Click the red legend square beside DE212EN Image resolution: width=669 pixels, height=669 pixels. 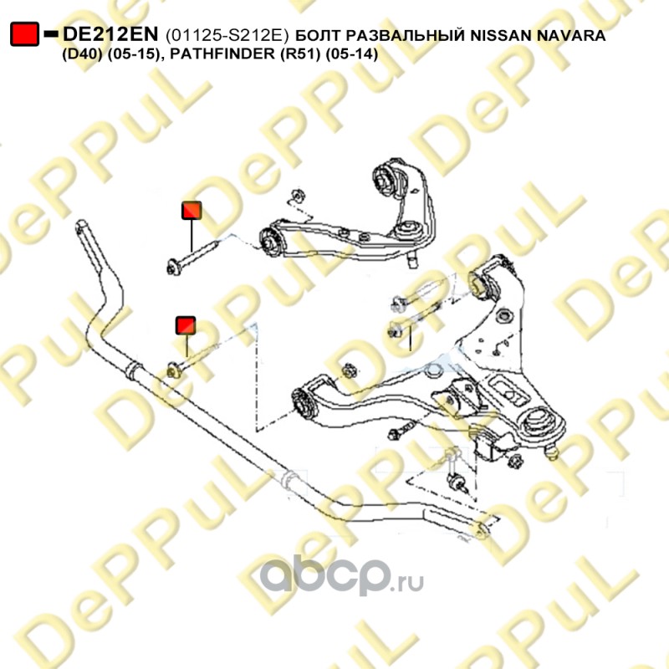pos(25,34)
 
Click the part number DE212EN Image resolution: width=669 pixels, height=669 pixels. pos(110,34)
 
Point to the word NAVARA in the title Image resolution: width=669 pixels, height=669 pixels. pos(571,35)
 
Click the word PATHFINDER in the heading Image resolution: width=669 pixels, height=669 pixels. pos(222,54)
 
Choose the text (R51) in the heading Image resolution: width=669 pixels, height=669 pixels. pos(300,54)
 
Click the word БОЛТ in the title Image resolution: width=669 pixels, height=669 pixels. pos(317,35)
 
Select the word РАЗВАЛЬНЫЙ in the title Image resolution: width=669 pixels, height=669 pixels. pos(404,35)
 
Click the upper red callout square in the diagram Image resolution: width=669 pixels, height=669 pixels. pos(192,211)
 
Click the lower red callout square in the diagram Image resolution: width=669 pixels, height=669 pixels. pos(186,325)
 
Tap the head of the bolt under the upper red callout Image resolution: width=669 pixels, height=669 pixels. pos(174,268)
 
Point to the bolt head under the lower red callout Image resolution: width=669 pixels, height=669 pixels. pos(173,370)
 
